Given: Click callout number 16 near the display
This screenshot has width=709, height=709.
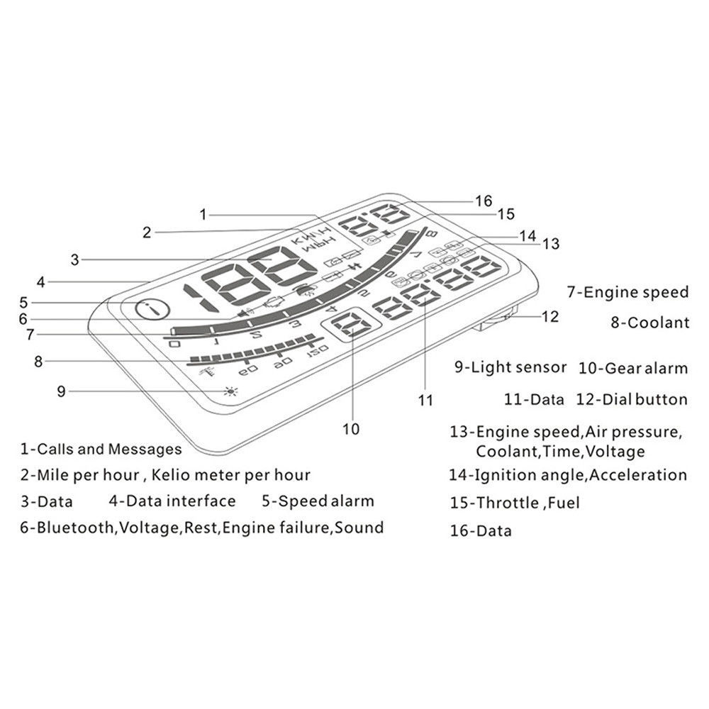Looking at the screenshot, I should pos(484,201).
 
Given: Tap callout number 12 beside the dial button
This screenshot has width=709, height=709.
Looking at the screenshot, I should pos(550,317).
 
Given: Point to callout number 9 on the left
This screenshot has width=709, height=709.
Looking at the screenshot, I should pos(62,390).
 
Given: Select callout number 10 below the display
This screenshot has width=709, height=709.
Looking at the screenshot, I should pos(351,428).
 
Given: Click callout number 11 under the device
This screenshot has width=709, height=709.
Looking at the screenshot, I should pos(425,400).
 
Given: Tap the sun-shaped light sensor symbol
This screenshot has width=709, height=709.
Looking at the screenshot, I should pos(229,391).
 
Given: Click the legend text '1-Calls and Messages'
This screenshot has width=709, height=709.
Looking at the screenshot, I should pos(101,449).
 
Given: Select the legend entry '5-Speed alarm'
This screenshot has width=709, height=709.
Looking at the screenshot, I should pos(318,501).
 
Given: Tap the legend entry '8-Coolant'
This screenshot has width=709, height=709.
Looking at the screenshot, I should pos(649,323).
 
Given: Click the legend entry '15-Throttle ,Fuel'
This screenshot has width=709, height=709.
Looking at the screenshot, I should pos(515,503).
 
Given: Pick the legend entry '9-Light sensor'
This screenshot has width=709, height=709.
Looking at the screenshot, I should pos(510,367).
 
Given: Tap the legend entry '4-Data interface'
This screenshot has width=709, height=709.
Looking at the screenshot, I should pos(172,501).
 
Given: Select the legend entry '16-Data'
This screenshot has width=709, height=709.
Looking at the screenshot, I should pos(480,530).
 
